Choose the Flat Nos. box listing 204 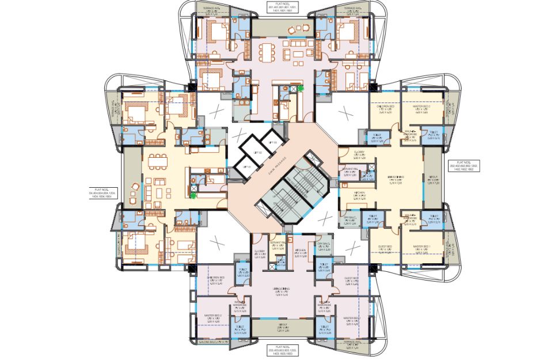(x=102, y=192)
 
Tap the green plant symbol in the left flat (x=192, y=195)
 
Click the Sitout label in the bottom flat (x=280, y=328)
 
